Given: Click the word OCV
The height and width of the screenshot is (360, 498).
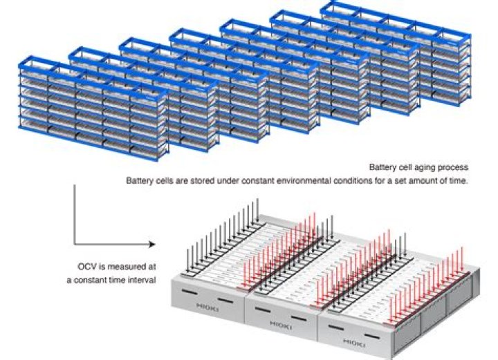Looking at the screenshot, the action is tap(87, 267).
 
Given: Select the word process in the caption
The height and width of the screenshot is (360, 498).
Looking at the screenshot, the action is tap(454, 167).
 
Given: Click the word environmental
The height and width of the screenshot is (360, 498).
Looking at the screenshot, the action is tap(304, 181).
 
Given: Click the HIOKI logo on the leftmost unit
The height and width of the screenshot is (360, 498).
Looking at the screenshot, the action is tap(207, 307).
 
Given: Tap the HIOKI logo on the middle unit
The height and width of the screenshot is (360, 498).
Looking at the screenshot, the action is tap(281, 325).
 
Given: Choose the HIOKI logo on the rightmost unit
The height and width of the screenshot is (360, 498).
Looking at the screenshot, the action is tap(354, 343).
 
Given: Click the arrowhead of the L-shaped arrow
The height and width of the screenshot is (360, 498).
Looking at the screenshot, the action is tap(153, 244).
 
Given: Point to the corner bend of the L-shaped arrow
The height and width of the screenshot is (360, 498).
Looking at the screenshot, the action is tap(75, 244).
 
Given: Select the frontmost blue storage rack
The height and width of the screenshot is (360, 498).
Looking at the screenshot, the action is tap(93, 108).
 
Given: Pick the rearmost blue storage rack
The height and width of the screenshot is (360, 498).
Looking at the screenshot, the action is tap(396, 53).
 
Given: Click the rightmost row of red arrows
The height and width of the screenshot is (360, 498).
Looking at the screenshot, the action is tap(425, 285).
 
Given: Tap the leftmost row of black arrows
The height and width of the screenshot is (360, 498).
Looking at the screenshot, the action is tap(222, 236).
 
